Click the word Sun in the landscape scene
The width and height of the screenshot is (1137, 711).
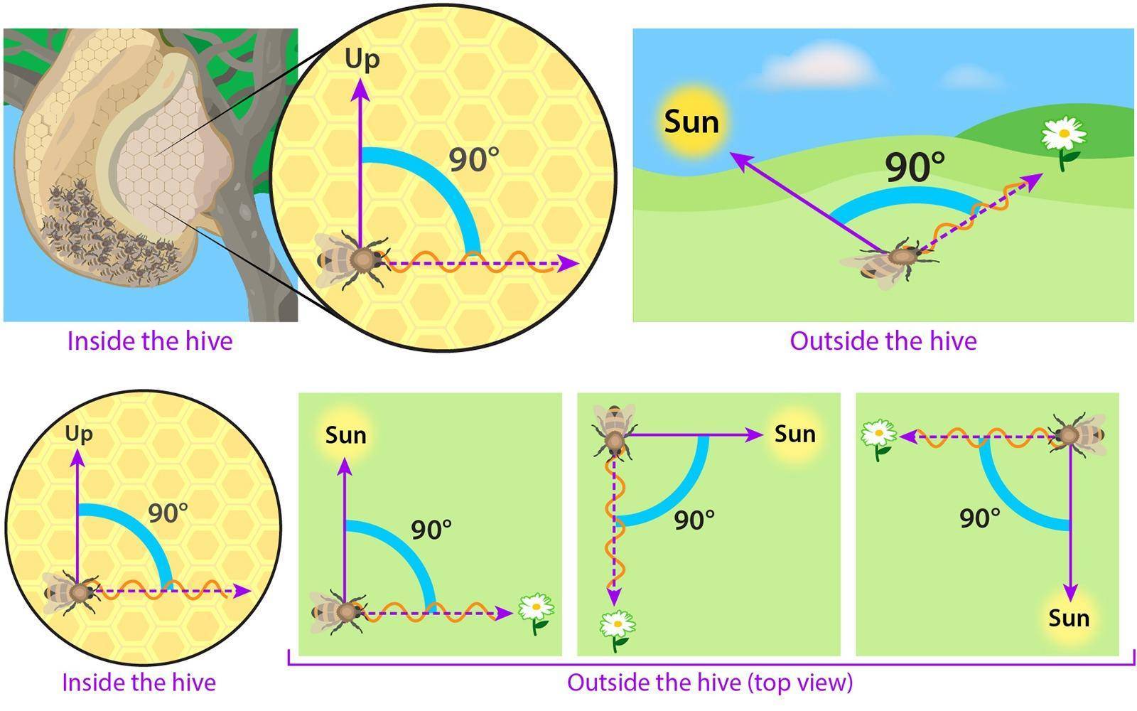coord(691,122)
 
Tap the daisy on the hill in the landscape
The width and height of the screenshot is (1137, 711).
coord(1064,143)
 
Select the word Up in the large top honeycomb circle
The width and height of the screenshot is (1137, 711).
coord(362,59)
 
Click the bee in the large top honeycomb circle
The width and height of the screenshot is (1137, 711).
coord(352,260)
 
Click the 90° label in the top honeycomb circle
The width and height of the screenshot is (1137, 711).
coord(473,159)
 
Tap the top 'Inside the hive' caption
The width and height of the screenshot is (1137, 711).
coord(150,341)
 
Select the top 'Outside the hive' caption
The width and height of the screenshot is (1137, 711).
coord(883,341)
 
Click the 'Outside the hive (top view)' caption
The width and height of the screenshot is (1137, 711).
coord(710,683)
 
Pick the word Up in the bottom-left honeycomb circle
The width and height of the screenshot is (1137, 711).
coord(79,434)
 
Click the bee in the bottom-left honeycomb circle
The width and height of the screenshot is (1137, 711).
coord(71,592)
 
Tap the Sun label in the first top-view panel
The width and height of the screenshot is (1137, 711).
coord(345,435)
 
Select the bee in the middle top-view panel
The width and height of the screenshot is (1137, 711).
coord(614,432)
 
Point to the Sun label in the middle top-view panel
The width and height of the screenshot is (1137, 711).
coord(795,434)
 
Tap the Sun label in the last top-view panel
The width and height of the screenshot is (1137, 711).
coord(1069,619)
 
